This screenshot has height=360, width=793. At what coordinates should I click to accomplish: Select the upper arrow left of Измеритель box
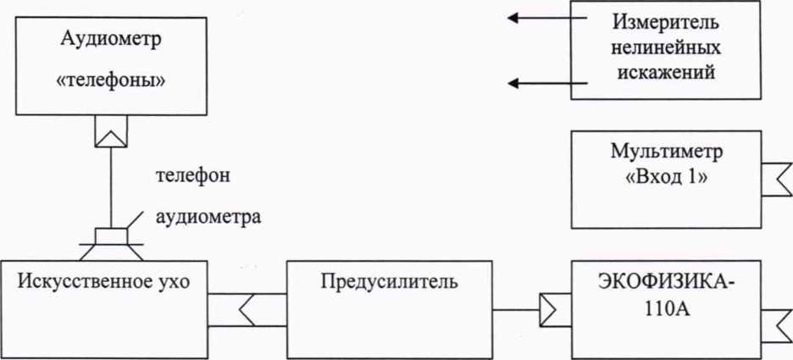click(x=537, y=17)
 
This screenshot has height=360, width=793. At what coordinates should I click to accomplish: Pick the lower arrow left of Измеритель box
click(x=537, y=83)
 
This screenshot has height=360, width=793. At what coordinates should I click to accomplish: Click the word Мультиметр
click(x=668, y=153)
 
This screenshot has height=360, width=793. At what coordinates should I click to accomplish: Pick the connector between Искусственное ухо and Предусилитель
click(x=246, y=310)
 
